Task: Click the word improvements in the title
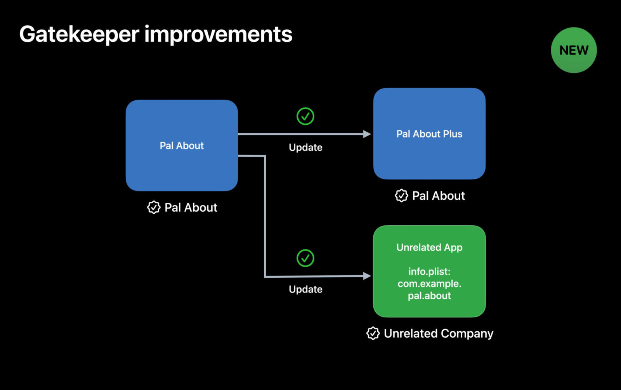point(218,34)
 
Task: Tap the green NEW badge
point(574,50)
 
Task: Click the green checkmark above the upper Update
point(305,116)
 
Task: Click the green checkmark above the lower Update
point(305,258)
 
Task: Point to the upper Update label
point(305,147)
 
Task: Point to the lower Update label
point(305,289)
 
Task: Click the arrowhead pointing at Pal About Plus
point(367,134)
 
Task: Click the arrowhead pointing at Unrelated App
point(367,276)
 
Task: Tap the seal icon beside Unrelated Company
point(373,333)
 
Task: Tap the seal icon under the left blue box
point(154,207)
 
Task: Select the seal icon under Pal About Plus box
point(401,195)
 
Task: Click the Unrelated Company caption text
point(438,333)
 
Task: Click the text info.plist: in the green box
point(429,271)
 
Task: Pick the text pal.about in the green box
point(429,296)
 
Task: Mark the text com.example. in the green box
point(429,284)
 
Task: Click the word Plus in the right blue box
point(453,134)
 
